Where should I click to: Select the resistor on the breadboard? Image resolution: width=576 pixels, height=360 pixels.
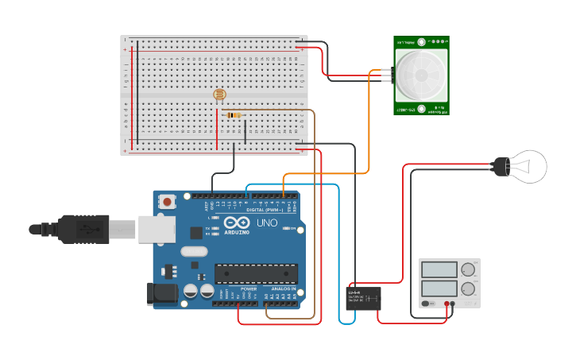234,115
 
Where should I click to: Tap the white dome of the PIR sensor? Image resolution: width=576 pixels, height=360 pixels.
420,73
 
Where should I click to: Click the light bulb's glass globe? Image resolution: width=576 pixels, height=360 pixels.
529,166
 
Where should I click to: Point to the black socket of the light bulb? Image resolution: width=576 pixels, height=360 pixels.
500,166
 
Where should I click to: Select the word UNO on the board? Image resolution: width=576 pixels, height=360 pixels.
267,223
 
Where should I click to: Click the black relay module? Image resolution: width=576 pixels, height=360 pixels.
365,298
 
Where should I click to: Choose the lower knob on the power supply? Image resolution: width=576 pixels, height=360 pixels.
468,289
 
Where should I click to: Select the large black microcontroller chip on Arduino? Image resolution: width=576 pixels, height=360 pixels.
256,273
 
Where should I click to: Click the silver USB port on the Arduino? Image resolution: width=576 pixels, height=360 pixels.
157,229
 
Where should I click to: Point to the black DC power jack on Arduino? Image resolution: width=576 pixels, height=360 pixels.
163,293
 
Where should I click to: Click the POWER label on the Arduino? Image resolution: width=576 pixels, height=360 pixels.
248,288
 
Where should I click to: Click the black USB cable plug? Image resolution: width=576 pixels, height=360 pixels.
83,230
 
